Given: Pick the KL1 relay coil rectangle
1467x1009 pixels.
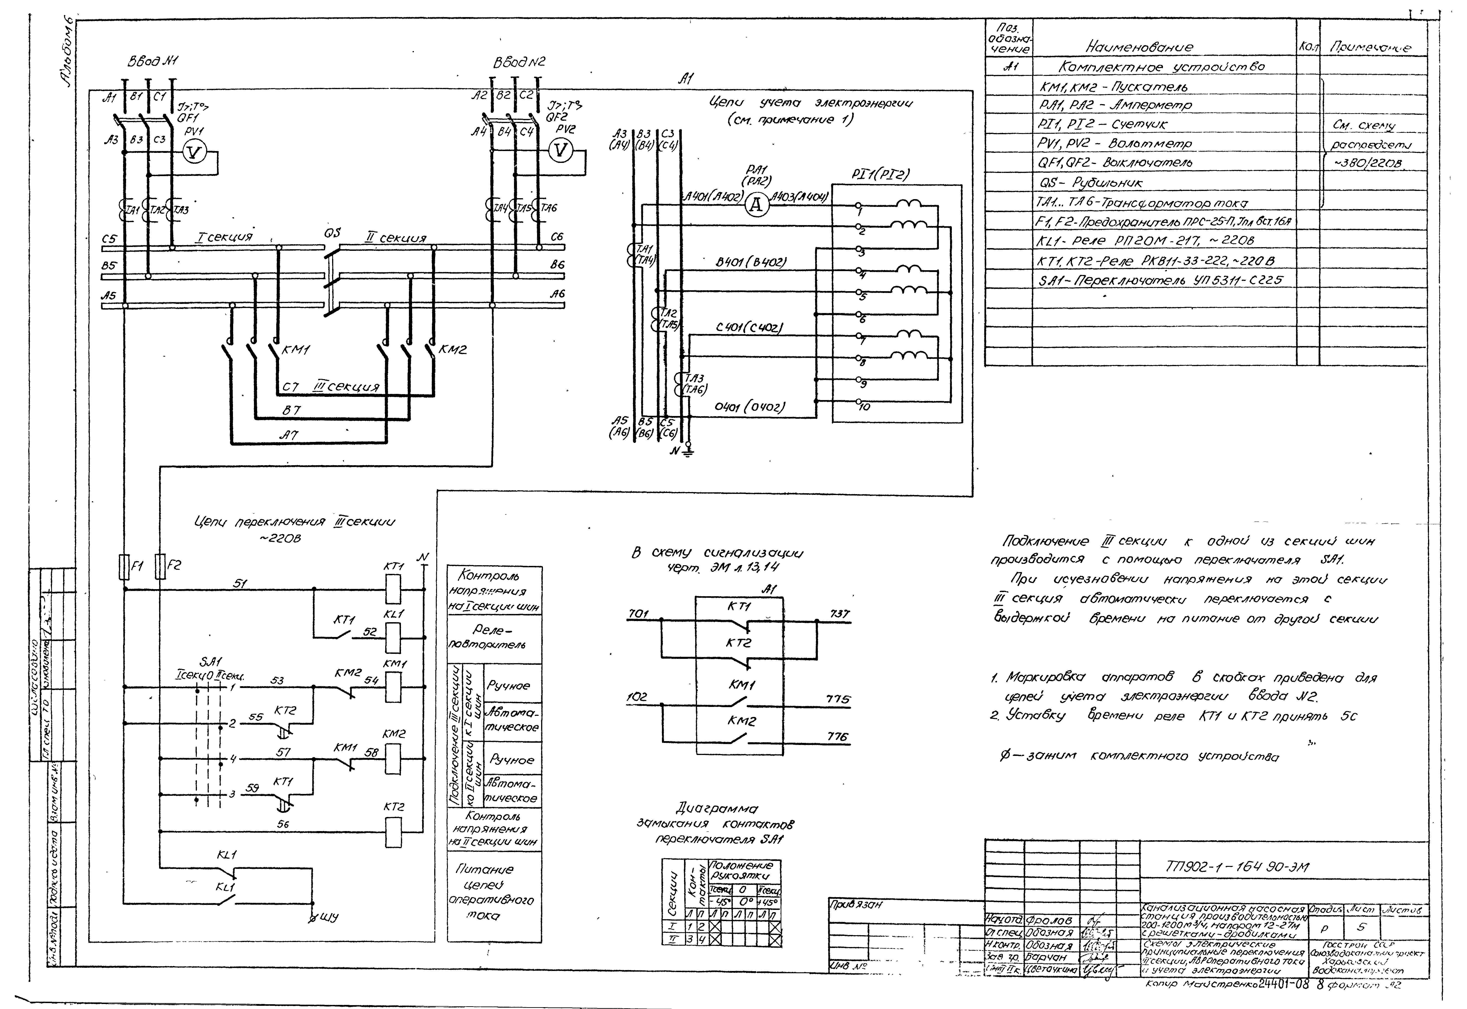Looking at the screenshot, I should pyautogui.click(x=393, y=637).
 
